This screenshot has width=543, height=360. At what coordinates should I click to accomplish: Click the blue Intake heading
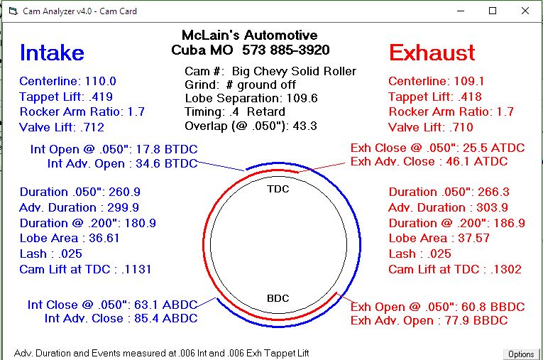pos(52,53)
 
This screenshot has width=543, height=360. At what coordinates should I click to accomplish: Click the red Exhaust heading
pos(432,53)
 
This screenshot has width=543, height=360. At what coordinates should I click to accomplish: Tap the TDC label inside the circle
pos(278,189)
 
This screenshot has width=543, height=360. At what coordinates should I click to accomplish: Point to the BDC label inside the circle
pos(278,298)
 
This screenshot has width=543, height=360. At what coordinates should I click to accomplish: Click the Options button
pos(521,354)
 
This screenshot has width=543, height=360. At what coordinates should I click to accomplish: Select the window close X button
pos(525,11)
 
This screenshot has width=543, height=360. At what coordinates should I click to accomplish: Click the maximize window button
pos(493,11)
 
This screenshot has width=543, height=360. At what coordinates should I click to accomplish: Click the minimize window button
pos(461,11)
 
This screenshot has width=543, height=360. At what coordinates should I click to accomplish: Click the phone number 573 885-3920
pos(286,50)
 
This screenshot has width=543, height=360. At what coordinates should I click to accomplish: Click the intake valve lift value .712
pos(92,127)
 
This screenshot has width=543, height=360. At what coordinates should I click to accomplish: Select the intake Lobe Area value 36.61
pos(104,239)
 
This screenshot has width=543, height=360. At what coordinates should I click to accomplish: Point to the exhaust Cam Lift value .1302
pos(506,269)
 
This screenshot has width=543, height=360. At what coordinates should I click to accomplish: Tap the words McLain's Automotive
pos(249,35)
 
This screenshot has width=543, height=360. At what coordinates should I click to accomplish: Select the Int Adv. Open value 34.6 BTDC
pos(167,163)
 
